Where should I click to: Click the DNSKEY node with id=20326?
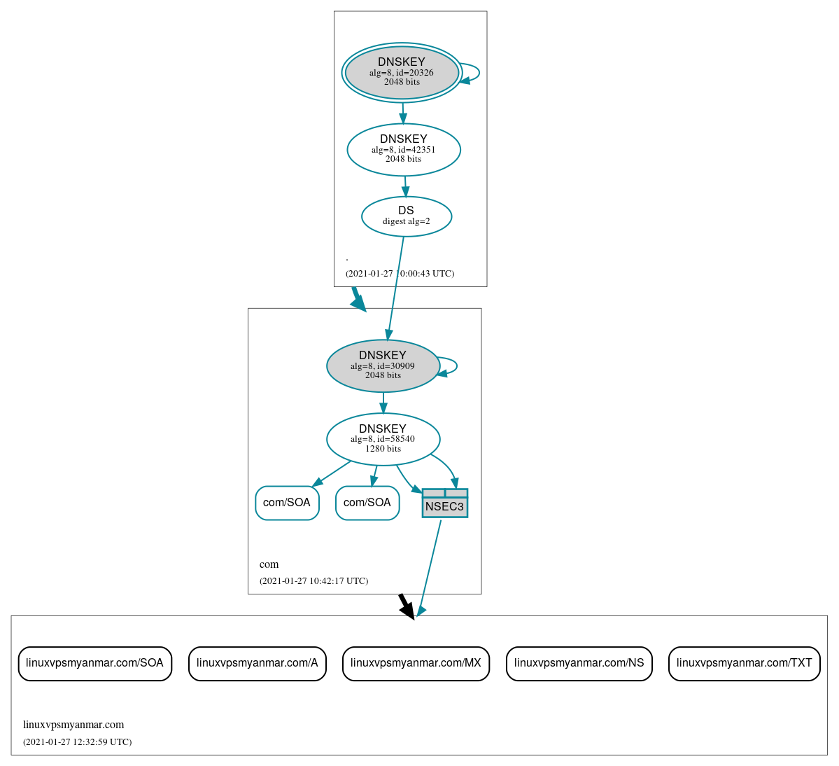402,72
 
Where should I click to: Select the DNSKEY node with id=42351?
404,149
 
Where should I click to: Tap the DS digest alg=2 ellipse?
407,216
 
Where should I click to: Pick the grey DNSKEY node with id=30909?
383,365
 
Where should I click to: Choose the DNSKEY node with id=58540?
383,439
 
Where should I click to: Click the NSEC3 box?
444,503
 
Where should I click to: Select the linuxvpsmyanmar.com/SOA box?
94,663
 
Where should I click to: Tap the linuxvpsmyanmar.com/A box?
257,663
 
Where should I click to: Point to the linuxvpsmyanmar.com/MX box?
416,663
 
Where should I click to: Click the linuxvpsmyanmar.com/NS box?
579,663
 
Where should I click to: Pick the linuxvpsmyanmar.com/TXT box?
744,663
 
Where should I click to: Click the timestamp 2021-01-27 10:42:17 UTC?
313,581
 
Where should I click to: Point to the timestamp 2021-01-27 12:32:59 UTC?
77,742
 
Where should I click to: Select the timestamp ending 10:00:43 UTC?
400,274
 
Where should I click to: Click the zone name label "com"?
269,564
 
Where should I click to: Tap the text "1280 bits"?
383,449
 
